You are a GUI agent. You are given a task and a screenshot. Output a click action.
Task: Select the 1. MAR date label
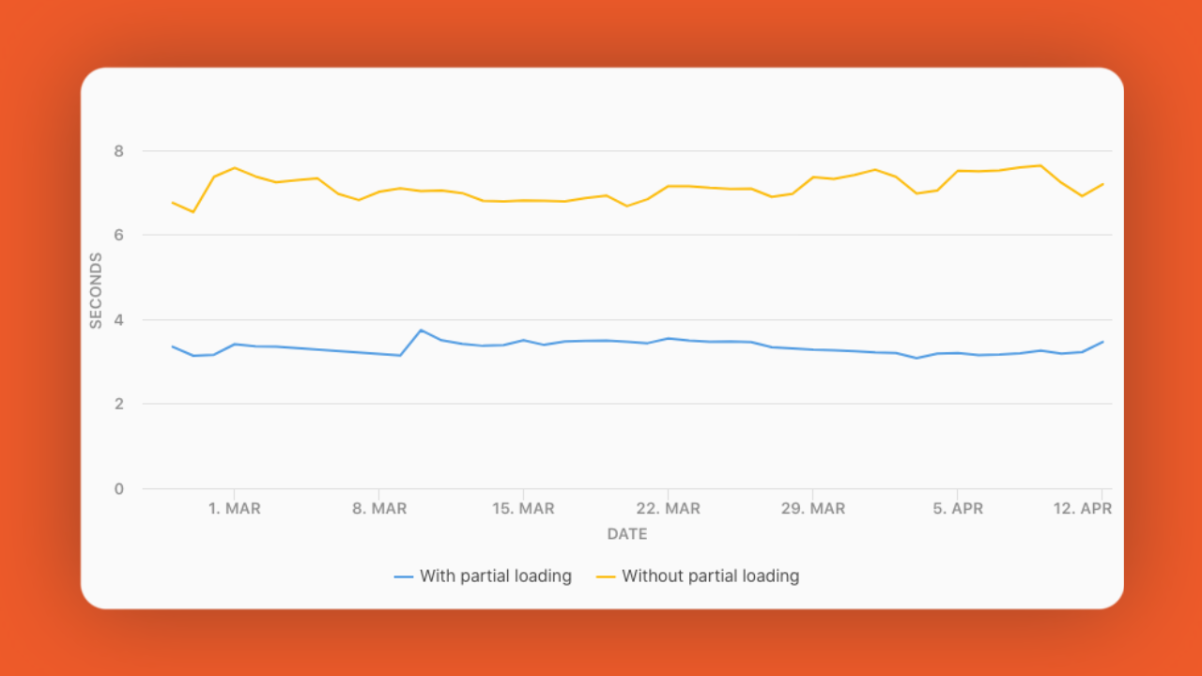coord(235,509)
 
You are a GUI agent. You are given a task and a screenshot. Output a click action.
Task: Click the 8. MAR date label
coord(379,509)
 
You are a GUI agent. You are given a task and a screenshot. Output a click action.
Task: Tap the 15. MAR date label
coord(523,509)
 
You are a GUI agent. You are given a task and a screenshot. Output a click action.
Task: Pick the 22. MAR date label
coord(668,509)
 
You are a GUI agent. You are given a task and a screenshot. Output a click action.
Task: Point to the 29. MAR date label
coord(812,509)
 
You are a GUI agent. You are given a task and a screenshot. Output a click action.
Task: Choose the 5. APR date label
coord(957,509)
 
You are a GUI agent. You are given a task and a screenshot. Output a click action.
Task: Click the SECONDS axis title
coord(96,290)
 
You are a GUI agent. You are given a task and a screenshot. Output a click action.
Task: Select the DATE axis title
coord(627,534)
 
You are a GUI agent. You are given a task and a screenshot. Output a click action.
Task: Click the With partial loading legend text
coord(496,576)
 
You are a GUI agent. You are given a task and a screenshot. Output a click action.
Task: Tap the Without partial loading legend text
coord(710,576)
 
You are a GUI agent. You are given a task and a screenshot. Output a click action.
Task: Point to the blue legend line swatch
coord(404,576)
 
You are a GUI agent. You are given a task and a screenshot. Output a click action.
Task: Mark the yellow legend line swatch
coord(606,576)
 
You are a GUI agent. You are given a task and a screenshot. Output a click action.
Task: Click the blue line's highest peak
coord(421,330)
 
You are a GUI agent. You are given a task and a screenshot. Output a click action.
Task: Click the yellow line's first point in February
coord(173,202)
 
